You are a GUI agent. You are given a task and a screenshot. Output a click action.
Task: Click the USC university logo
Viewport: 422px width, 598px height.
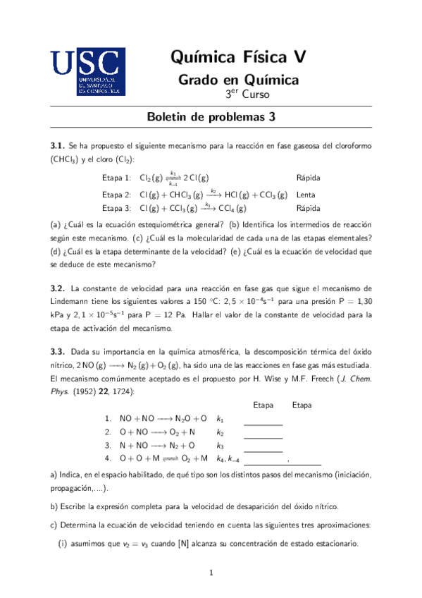click(x=88, y=71)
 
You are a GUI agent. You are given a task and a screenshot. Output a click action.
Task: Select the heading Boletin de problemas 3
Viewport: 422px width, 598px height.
click(x=211, y=118)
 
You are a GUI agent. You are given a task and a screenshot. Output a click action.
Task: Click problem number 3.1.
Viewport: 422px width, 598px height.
click(x=58, y=145)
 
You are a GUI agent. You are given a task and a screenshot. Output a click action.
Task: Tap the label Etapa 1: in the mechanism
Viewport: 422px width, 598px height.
click(x=116, y=178)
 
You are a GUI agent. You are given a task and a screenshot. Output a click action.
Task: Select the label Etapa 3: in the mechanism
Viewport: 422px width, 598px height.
click(x=116, y=209)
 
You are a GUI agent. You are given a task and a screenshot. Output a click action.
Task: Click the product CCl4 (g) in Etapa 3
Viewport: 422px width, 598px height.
click(x=231, y=209)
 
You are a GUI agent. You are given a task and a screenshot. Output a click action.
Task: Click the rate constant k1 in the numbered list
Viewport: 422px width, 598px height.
click(x=221, y=418)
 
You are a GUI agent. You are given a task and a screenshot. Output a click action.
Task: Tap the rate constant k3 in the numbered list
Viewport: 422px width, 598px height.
click(x=221, y=446)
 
